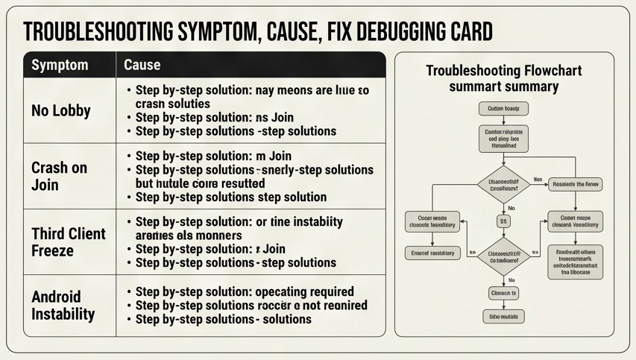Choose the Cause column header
142,65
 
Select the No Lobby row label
61,111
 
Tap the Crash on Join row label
60,176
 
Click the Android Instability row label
63,305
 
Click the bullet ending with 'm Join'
213,157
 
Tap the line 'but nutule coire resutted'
200,183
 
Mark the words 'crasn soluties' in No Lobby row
173,104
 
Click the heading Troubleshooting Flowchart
504,71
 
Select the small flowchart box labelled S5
503,221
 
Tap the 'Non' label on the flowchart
538,180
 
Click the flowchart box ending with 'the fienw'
575,184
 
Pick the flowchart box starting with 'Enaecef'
432,253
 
